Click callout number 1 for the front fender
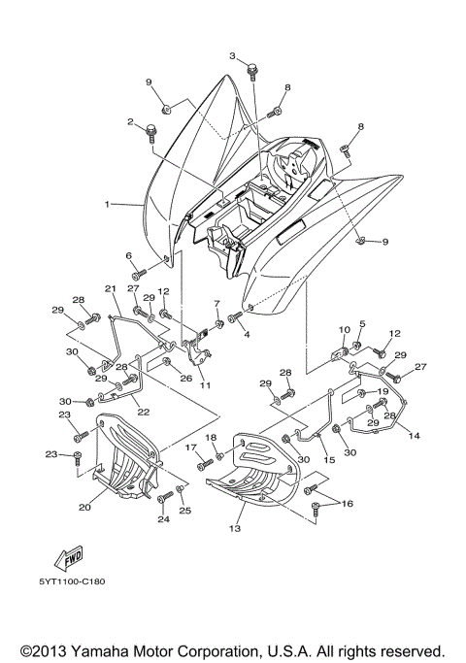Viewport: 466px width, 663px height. point(109,205)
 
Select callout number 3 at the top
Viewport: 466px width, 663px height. point(232,56)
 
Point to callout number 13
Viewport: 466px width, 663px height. point(234,531)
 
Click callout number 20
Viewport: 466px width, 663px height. point(84,505)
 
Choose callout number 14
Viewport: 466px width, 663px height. point(415,437)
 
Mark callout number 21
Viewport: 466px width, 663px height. point(110,289)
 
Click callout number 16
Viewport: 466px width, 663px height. point(348,505)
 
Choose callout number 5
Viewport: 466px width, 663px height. point(362,323)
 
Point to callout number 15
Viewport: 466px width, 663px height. point(329,432)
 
